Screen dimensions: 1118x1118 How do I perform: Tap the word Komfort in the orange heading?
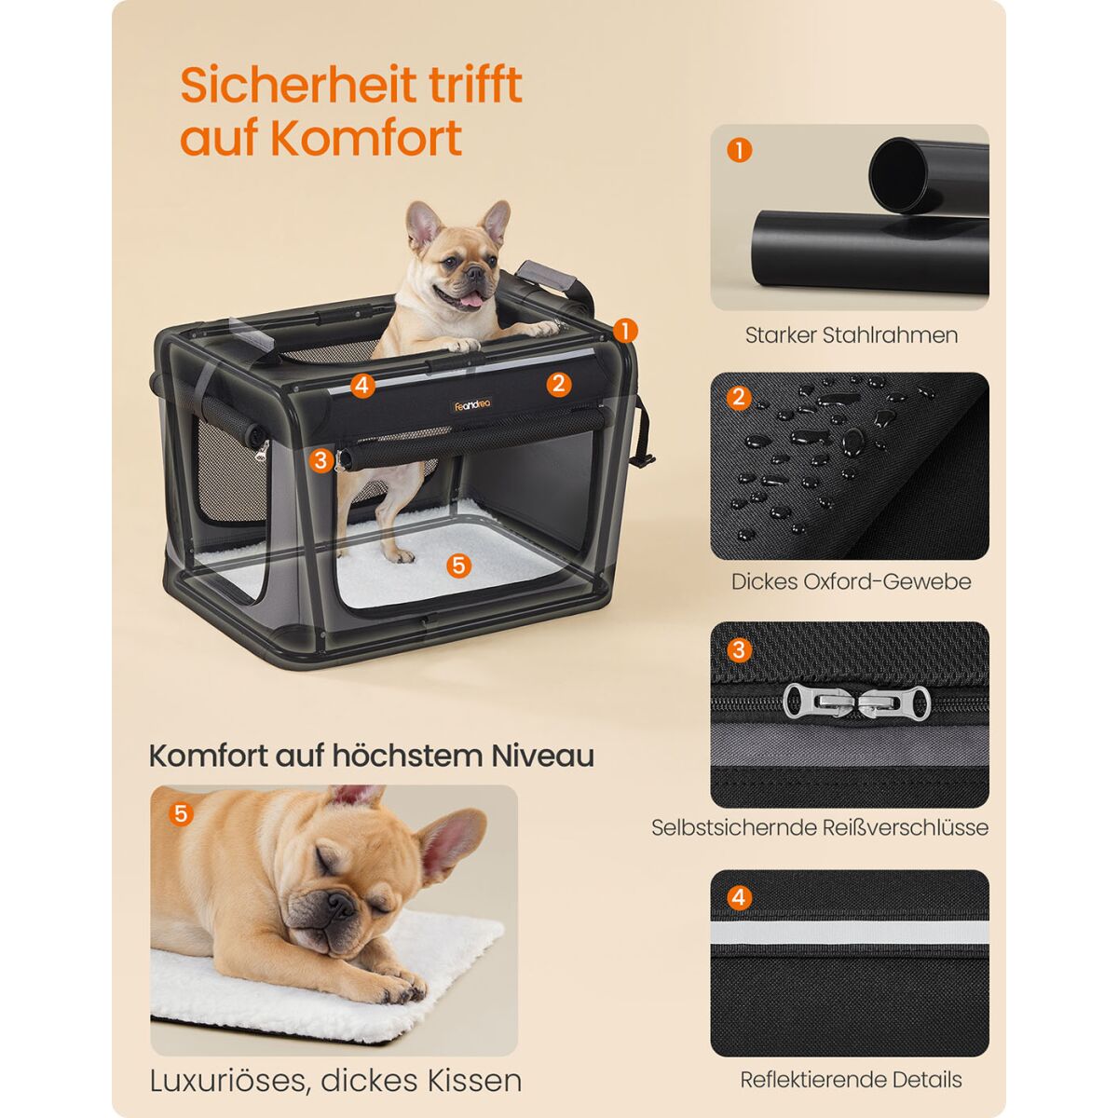click(x=367, y=138)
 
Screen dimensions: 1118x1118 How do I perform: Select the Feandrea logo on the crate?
click(x=471, y=405)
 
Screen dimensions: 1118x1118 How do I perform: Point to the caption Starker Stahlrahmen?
click(x=851, y=335)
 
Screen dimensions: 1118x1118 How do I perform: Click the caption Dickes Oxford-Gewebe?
click(x=851, y=581)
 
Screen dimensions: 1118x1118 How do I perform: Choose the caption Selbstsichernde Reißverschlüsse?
click(x=819, y=827)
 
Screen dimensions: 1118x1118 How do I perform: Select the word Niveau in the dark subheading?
click(x=542, y=756)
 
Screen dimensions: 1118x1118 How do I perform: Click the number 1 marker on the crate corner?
click(x=625, y=332)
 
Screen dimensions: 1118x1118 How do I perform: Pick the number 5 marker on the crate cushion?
click(x=458, y=565)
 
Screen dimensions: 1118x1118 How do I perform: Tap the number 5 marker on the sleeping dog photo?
click(x=181, y=813)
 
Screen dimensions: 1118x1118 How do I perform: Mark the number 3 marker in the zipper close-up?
click(x=739, y=649)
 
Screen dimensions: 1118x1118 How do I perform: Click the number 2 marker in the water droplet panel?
click(x=739, y=398)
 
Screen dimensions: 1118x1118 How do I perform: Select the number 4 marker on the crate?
click(x=362, y=385)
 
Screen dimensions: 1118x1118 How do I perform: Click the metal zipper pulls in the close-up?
click(x=856, y=702)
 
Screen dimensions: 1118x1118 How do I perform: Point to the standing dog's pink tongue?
click(x=474, y=299)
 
